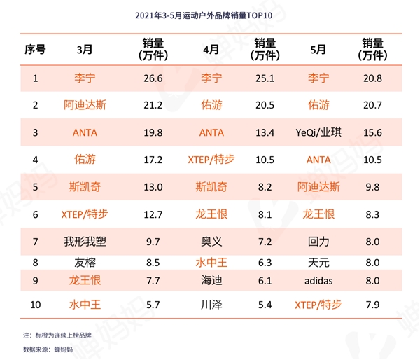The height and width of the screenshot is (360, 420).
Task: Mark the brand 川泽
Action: (211, 305)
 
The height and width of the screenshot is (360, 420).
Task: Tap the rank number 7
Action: (35, 241)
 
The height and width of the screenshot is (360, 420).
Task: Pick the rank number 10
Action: (35, 305)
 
